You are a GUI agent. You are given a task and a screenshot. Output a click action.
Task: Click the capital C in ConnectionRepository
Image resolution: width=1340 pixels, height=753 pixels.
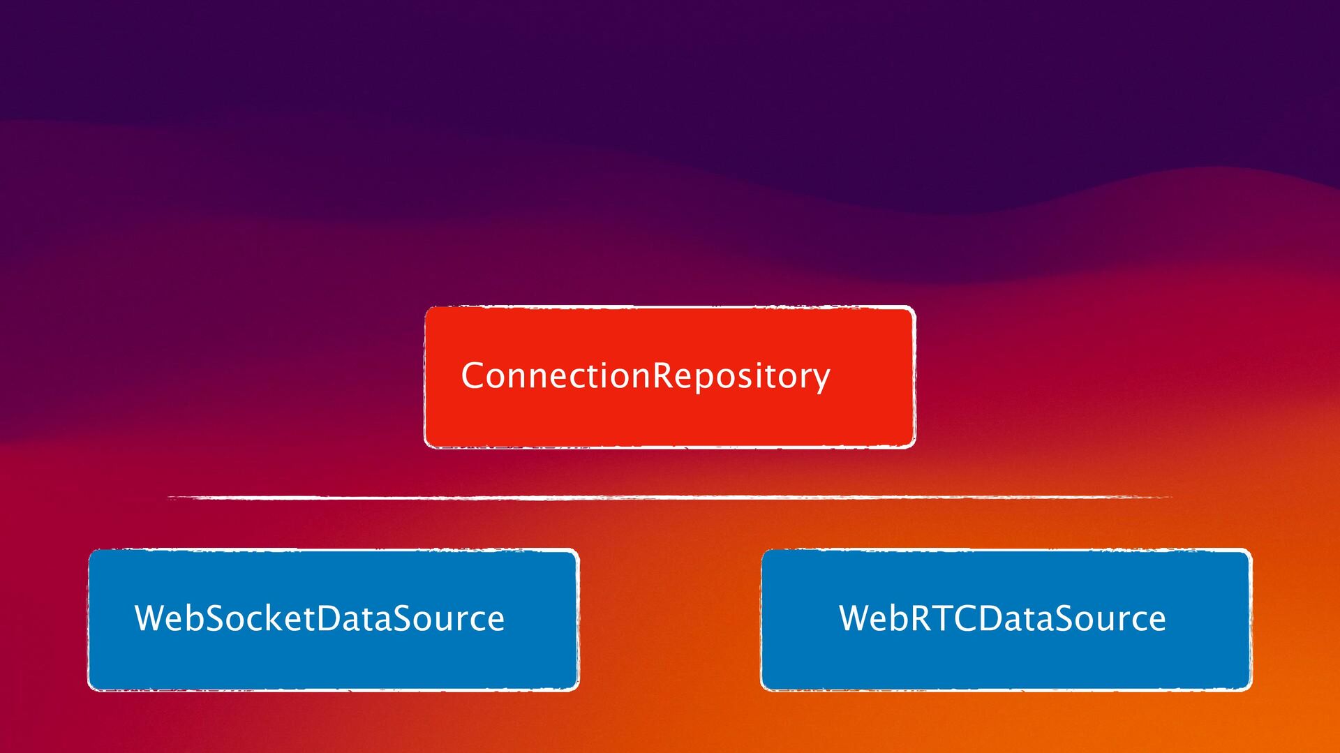coord(474,375)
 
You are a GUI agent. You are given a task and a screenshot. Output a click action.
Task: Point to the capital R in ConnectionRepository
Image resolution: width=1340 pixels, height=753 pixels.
coord(663,375)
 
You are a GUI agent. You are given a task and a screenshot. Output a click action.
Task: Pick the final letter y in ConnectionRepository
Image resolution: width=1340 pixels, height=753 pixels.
coord(821,378)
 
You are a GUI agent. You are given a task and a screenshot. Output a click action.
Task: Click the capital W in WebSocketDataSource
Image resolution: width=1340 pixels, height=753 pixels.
coord(151,618)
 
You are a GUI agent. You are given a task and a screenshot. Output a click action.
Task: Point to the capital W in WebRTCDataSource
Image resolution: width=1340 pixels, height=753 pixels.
coord(856,618)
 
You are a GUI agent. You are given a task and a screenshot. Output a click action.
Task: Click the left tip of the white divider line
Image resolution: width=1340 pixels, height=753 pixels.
coord(170,498)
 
